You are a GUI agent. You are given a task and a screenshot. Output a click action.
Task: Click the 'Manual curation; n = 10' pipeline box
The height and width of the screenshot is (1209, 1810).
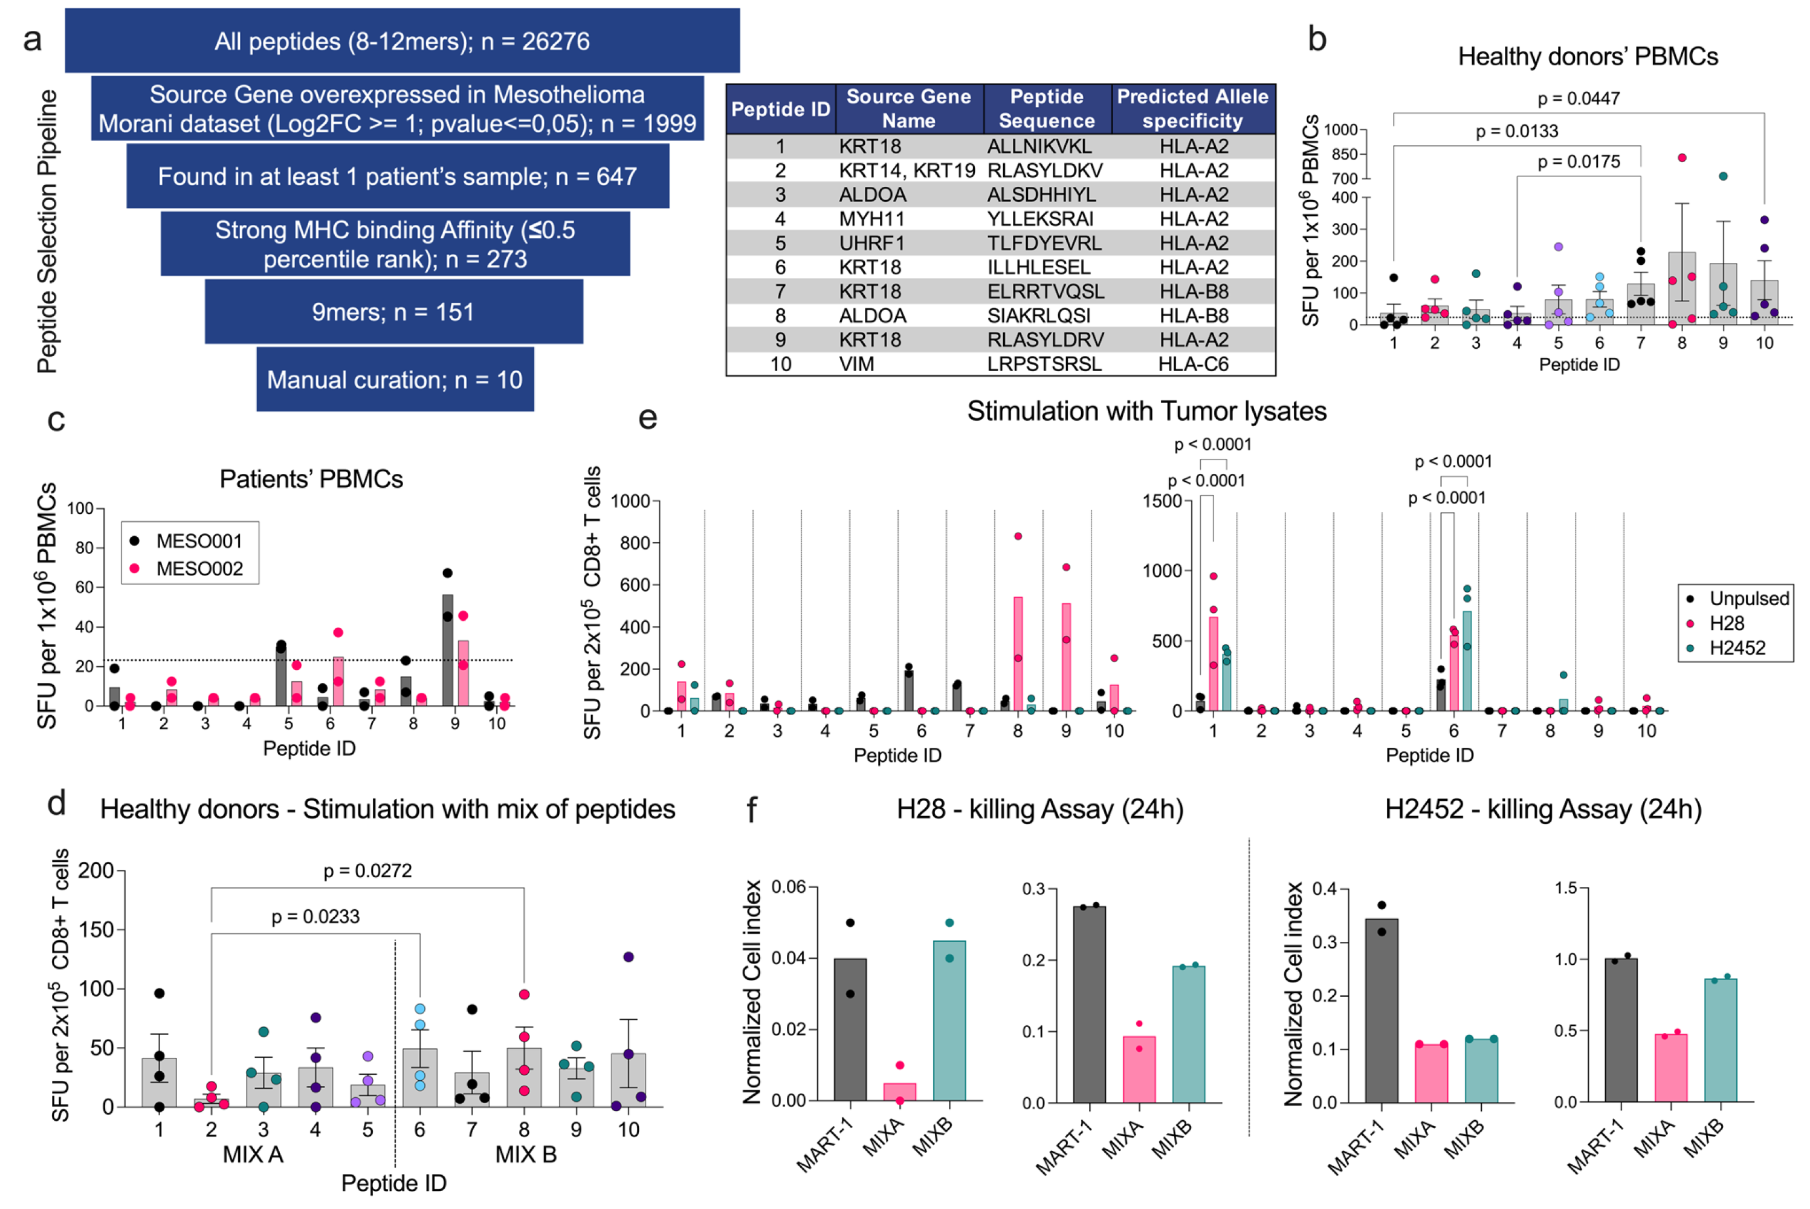tap(395, 380)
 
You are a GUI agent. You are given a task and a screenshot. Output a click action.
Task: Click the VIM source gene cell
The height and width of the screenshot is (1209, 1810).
tap(856, 364)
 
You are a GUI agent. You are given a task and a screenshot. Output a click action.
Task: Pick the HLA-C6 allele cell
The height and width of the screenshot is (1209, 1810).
tap(1192, 364)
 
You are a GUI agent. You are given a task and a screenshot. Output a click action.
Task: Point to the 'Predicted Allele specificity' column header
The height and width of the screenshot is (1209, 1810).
tap(1192, 109)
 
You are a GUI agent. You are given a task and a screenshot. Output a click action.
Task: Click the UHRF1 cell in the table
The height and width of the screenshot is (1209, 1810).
tap(872, 243)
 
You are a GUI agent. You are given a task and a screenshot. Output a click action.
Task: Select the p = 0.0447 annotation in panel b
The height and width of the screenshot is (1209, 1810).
tap(1578, 99)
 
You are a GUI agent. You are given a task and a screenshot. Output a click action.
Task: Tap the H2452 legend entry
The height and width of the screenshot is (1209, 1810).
tap(1736, 647)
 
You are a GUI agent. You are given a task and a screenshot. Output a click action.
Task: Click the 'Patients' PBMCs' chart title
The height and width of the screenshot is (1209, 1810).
tap(311, 479)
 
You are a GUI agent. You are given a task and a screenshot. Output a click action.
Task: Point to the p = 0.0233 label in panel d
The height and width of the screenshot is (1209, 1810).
tap(315, 917)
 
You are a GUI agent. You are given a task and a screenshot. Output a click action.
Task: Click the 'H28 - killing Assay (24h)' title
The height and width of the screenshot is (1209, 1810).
tap(1039, 809)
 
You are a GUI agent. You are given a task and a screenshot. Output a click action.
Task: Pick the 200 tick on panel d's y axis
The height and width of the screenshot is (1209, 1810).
tap(95, 871)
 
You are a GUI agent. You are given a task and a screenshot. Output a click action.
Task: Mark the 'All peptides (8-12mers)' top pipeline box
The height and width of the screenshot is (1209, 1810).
tap(402, 41)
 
